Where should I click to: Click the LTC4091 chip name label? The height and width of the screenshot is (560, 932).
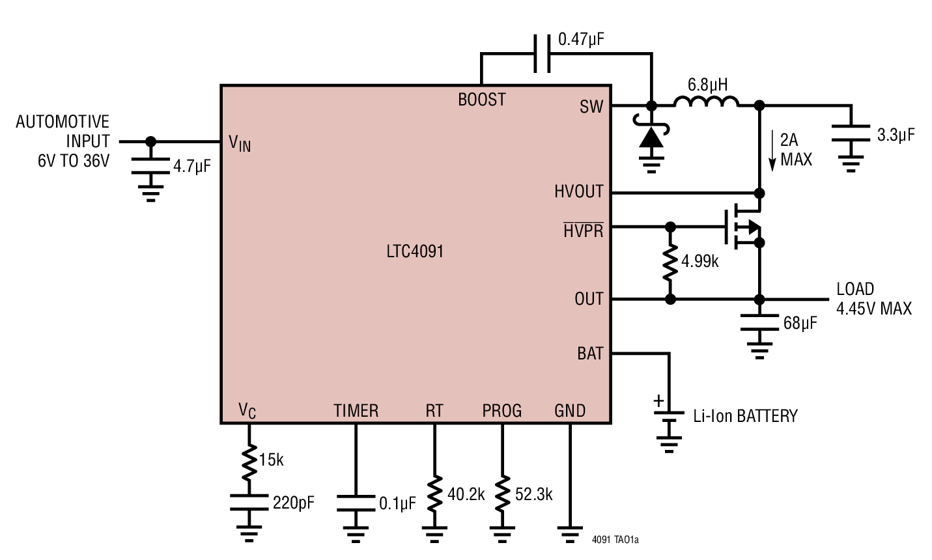pyautogui.click(x=414, y=251)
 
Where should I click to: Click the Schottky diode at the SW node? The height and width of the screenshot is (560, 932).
pyautogui.click(x=651, y=137)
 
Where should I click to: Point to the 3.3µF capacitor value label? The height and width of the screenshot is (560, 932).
pyautogui.click(x=896, y=135)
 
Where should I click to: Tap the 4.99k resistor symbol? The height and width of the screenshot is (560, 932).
pyautogui.click(x=670, y=263)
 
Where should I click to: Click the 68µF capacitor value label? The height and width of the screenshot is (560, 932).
pyautogui.click(x=800, y=322)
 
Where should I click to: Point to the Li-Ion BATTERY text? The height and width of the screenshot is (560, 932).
pyautogui.click(x=745, y=416)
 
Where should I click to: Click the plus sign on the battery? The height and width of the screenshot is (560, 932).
pyautogui.click(x=659, y=400)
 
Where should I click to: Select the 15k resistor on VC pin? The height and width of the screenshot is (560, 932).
pyautogui.click(x=248, y=460)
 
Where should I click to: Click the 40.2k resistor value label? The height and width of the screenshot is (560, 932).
pyautogui.click(x=466, y=494)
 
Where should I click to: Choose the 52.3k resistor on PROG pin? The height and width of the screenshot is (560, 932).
pyautogui.click(x=502, y=494)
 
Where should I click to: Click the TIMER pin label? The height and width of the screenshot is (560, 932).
pyautogui.click(x=356, y=411)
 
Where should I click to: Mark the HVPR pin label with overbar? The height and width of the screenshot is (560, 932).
pyautogui.click(x=583, y=230)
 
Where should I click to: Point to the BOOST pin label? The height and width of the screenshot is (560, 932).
pyautogui.click(x=481, y=100)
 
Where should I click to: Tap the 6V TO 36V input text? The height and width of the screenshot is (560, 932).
pyautogui.click(x=74, y=161)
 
